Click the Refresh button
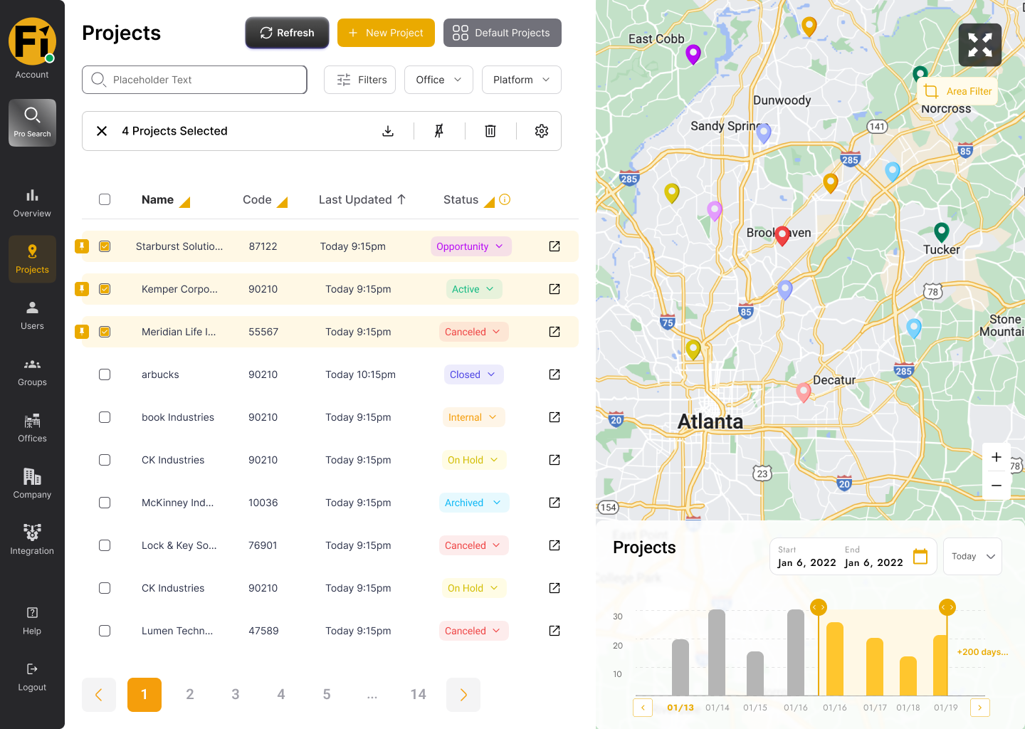pos(287,33)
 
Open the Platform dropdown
pos(521,80)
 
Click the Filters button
pos(359,80)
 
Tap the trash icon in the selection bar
pos(490,131)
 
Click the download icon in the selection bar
pos(388,131)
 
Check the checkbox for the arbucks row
pos(105,374)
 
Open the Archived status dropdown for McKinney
pos(473,503)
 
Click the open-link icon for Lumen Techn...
pos(554,631)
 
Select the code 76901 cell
pos(263,545)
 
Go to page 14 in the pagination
pos(418,694)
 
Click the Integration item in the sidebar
pos(32,539)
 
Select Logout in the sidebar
pos(32,677)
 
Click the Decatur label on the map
pos(834,380)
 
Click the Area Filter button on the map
pos(957,92)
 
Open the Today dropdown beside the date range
pos(972,556)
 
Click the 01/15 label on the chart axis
pos(755,708)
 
